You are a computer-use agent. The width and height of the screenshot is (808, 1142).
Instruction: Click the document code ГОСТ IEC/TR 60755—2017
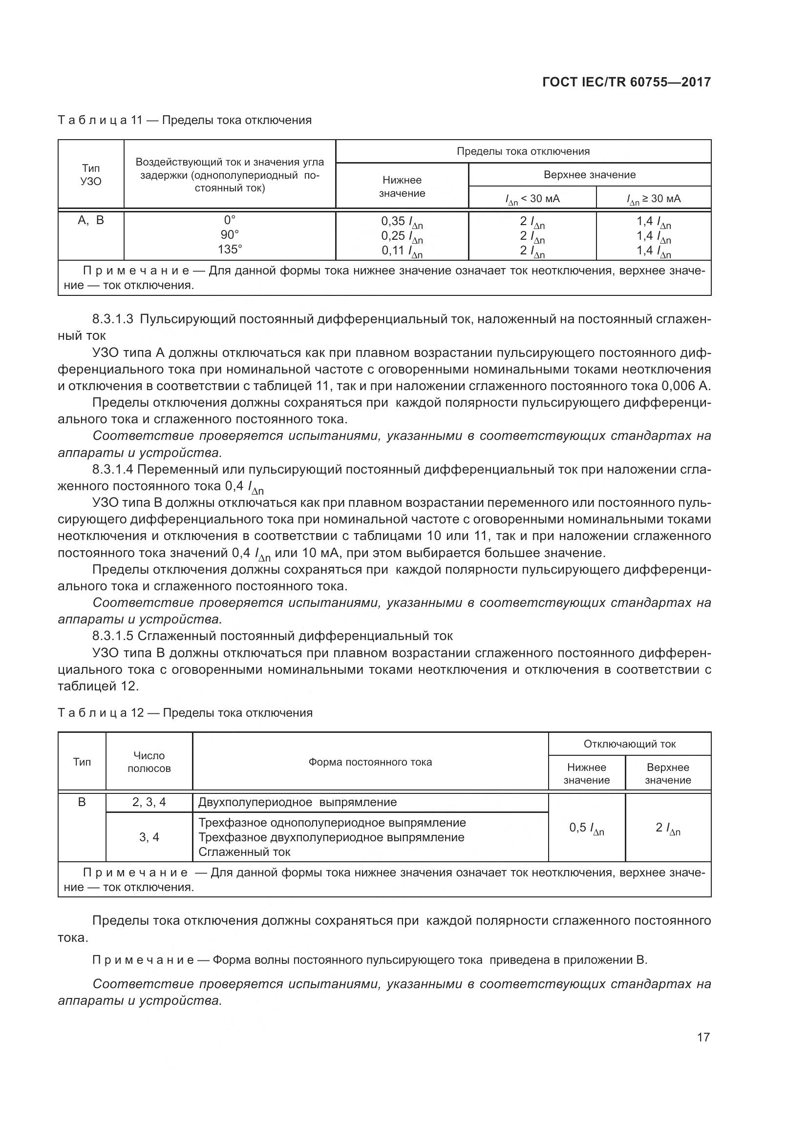tap(626, 82)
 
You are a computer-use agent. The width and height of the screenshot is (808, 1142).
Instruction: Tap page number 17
tap(703, 1037)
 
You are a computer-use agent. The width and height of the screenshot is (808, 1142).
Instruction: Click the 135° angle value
tap(230, 249)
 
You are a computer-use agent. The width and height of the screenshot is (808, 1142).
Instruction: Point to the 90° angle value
tap(230, 235)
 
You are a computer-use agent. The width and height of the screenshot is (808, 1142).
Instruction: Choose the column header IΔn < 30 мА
tap(532, 199)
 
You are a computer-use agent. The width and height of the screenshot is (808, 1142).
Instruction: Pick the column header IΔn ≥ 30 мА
tap(653, 199)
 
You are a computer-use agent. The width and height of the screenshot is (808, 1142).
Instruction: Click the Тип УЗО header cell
tap(90, 175)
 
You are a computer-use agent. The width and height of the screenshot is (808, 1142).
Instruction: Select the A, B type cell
tap(90, 220)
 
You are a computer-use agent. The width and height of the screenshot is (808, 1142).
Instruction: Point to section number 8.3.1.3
tap(113, 319)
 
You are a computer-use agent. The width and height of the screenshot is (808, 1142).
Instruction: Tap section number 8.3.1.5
tap(113, 636)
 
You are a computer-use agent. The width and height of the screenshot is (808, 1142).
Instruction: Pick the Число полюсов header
tap(149, 762)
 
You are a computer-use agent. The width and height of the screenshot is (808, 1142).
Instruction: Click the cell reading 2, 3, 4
tap(149, 802)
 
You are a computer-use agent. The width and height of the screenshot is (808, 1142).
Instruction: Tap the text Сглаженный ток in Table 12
tap(244, 852)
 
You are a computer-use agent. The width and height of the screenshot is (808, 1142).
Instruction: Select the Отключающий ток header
tap(629, 744)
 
